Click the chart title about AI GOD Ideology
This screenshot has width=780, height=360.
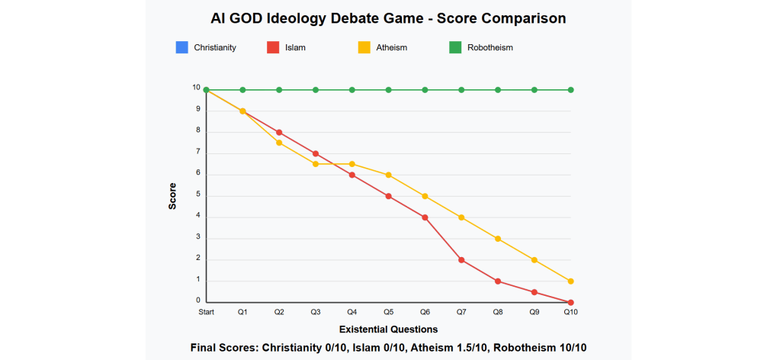(x=389, y=18)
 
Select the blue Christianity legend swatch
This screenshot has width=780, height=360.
(x=181, y=47)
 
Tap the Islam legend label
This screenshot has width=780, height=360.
(x=296, y=47)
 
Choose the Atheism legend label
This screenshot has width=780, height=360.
(x=392, y=47)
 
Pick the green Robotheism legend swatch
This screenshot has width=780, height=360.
(x=456, y=47)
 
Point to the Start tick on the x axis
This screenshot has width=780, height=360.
(x=206, y=312)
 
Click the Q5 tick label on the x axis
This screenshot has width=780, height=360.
(x=388, y=312)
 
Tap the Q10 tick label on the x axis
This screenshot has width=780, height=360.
(x=570, y=312)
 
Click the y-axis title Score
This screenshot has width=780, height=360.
(x=173, y=196)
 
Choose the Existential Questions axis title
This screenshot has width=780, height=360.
(x=388, y=329)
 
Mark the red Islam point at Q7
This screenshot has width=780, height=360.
(x=461, y=260)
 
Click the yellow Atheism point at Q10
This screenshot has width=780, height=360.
(x=570, y=281)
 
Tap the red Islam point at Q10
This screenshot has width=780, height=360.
(x=570, y=302)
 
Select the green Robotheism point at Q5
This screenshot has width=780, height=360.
(x=388, y=90)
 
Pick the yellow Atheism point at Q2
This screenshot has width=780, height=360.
(x=279, y=143)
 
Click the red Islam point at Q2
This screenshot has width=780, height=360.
(x=279, y=132)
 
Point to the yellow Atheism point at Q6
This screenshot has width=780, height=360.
(x=425, y=196)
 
